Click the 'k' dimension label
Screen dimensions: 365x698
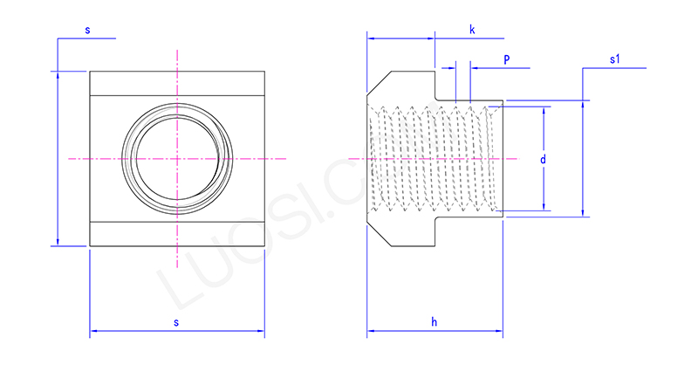pos(472,30)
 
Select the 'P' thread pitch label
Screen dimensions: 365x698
pos(507,59)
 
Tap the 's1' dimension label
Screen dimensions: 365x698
pos(615,59)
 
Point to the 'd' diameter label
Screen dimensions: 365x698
pos(543,160)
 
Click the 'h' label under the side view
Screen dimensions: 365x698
pos(435,323)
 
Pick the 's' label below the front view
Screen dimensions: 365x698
pos(176,323)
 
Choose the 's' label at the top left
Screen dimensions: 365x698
pos(87,30)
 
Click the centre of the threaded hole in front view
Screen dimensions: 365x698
pos(176,158)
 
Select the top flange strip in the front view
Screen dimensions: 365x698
pos(176,84)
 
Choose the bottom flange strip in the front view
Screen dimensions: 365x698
pos(176,233)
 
